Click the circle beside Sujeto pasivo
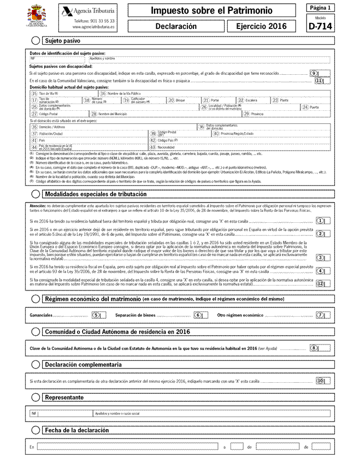click(36, 40)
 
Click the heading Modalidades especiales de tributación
click(96, 194)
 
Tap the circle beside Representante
click(36, 397)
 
